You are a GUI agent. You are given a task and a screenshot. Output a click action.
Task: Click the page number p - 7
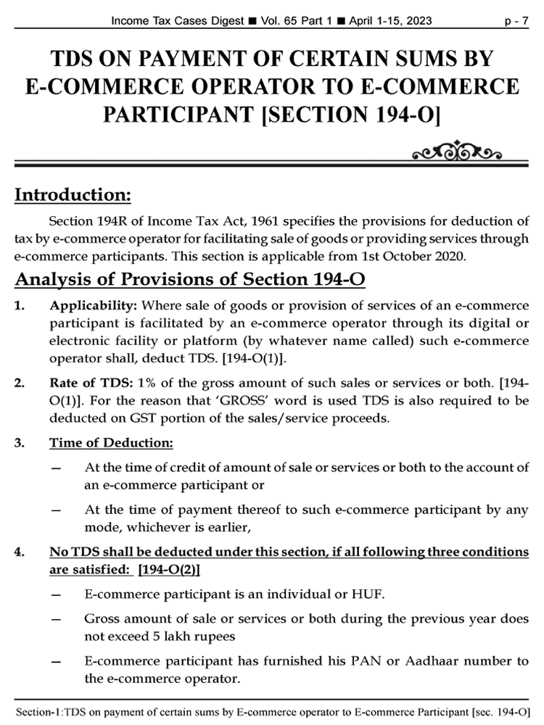pos(517,21)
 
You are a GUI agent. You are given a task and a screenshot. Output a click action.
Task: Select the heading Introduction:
pos(73,195)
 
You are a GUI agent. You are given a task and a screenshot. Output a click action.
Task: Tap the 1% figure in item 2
pos(128,382)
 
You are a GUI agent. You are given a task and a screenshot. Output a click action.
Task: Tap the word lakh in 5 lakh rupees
pos(171,637)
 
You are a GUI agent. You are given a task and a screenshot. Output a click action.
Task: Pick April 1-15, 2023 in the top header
pos(390,21)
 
